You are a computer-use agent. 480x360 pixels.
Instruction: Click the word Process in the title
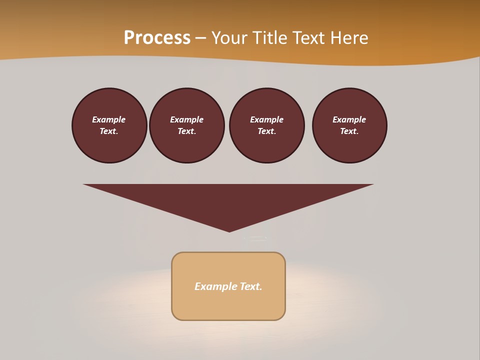pyautogui.click(x=157, y=38)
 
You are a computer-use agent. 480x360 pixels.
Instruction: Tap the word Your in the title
pyautogui.click(x=230, y=38)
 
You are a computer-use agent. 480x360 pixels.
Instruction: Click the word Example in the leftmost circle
pyautogui.click(x=109, y=119)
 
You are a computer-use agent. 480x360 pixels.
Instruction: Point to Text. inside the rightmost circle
pyautogui.click(x=349, y=131)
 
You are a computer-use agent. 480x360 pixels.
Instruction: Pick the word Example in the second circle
pyautogui.click(x=186, y=119)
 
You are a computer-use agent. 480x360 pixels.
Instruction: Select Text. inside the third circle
pyautogui.click(x=267, y=131)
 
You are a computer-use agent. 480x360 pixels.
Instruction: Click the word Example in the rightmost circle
pyautogui.click(x=349, y=119)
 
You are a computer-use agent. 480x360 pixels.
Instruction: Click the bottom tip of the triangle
pyautogui.click(x=229, y=231)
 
